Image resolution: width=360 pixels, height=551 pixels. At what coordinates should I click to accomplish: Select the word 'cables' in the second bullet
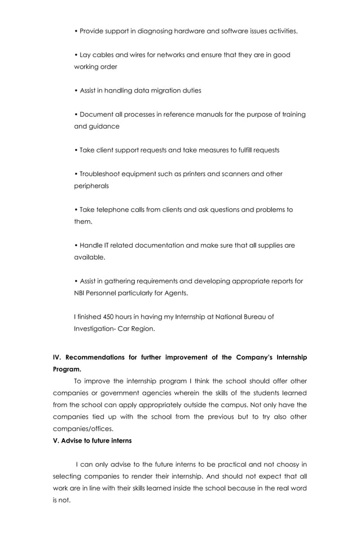(104, 55)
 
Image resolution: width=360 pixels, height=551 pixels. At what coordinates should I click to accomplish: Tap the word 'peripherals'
(91, 186)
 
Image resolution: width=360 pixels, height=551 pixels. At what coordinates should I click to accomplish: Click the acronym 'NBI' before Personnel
(81, 293)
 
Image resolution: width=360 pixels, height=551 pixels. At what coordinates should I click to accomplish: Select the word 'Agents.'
(174, 293)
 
